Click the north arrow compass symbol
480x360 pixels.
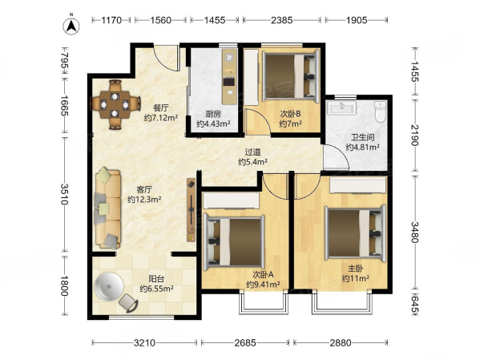(71, 26)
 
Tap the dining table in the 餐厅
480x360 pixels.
(115, 104)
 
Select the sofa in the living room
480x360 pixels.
(107, 208)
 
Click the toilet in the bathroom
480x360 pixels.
(381, 111)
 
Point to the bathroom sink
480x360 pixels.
(341, 108)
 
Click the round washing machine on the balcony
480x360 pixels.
(109, 286)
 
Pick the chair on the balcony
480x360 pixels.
(128, 303)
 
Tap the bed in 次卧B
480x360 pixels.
(291, 76)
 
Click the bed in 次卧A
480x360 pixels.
(235, 241)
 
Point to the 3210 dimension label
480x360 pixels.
(144, 342)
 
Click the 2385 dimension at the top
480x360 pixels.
(282, 20)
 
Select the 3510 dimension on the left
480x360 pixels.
(64, 194)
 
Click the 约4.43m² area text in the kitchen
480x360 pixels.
(213, 124)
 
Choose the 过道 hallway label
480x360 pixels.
(253, 152)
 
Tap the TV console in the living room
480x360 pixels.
(191, 210)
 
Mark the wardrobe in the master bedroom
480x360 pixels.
(357, 185)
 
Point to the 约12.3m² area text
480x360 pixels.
(144, 200)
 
